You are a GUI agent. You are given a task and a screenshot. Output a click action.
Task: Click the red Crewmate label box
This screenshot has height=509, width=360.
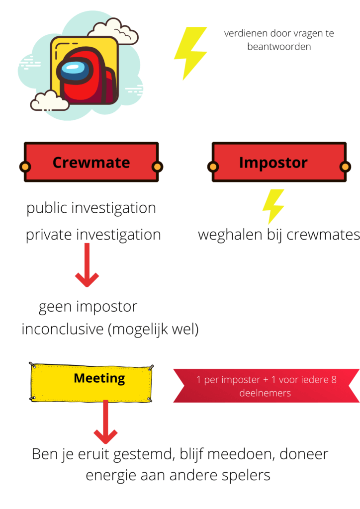[91, 163]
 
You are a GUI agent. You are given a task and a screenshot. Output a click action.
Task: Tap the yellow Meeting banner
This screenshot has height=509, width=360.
[91, 381]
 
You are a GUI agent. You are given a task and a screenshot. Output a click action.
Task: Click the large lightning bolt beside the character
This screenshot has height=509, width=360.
[189, 53]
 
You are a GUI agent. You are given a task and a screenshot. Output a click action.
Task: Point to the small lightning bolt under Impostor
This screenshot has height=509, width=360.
[273, 205]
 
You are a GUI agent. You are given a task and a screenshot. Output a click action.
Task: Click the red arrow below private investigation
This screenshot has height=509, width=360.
[87, 265]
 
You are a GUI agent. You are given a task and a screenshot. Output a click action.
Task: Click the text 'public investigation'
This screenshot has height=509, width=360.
[91, 208]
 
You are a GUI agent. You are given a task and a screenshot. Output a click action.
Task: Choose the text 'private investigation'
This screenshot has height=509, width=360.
[93, 235]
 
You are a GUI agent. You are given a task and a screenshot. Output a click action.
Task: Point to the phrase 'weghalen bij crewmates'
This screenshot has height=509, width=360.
[279, 235]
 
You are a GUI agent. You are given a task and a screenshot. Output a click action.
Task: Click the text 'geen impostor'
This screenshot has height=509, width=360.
[88, 306]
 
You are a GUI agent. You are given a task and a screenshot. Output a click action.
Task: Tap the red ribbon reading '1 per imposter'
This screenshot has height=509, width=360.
[266, 386]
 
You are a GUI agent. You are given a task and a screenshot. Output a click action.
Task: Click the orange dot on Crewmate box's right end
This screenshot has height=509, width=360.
[157, 166]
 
